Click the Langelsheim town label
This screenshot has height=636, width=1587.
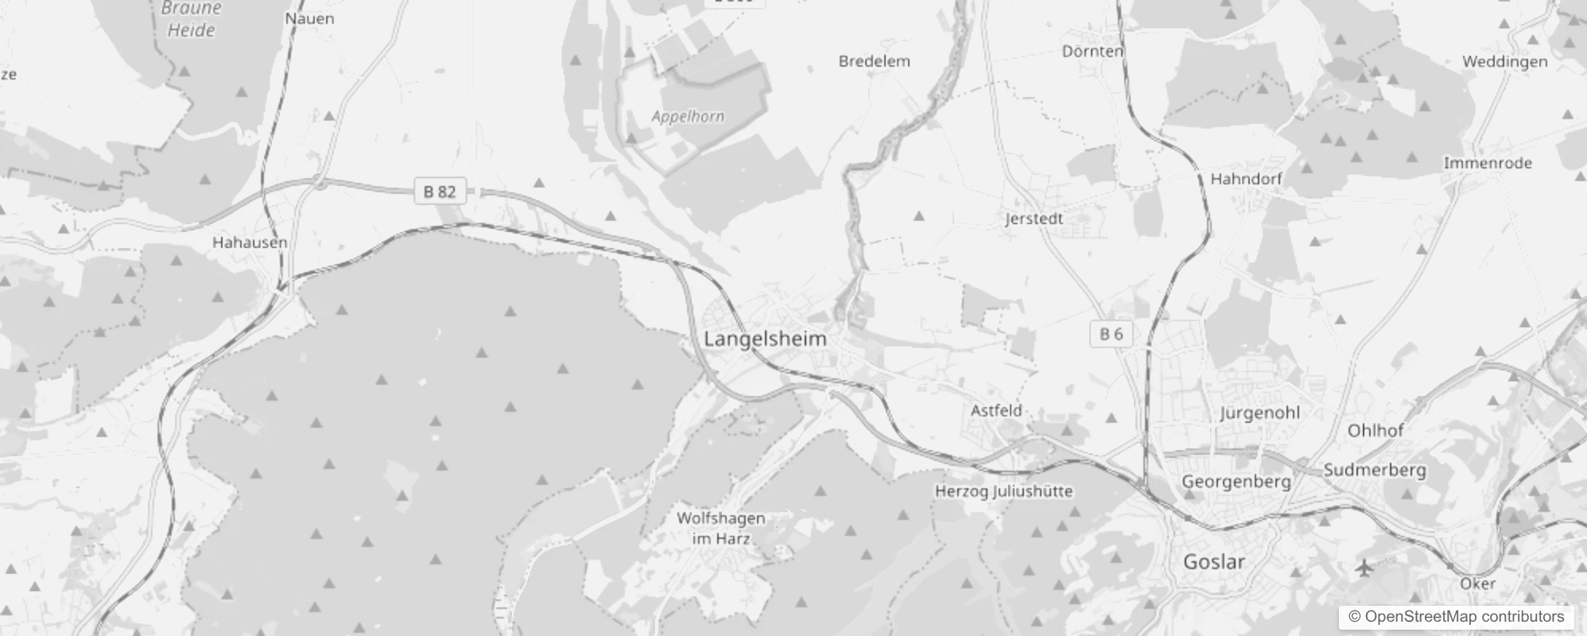765,339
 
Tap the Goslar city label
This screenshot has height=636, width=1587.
1213,562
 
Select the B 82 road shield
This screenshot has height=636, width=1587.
440,192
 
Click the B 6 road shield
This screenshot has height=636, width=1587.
1111,334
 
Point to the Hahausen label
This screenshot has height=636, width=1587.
250,242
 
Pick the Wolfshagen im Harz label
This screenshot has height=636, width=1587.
721,528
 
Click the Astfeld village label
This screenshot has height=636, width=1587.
996,411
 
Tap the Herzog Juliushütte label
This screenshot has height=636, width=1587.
1003,491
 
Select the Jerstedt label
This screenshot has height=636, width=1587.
1034,219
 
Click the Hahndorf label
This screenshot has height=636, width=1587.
1246,179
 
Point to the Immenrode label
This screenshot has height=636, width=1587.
1487,163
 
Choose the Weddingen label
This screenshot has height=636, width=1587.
1504,62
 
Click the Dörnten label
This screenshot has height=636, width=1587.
1092,52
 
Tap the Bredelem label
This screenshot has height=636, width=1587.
874,61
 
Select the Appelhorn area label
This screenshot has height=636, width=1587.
688,117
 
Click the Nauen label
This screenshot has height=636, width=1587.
309,18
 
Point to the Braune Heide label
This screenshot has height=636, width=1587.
191,20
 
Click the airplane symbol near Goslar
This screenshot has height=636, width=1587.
1364,568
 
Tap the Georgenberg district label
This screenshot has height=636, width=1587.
1236,482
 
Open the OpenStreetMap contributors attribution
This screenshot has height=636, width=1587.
1463,617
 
